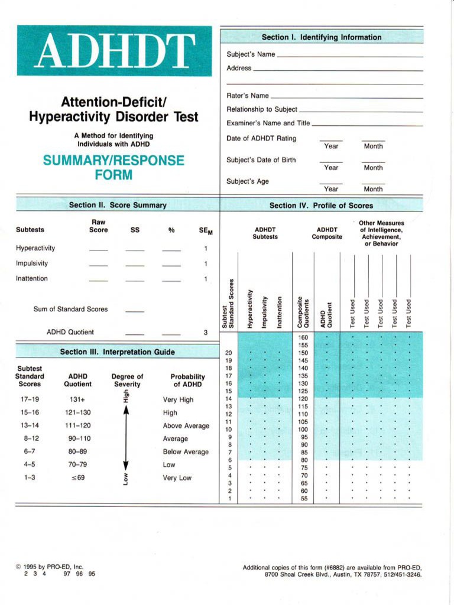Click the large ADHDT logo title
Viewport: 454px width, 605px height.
click(x=114, y=51)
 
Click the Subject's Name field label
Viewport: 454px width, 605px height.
click(x=251, y=54)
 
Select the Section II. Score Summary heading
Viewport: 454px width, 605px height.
click(x=118, y=205)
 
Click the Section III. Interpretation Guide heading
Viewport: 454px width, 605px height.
click(x=118, y=352)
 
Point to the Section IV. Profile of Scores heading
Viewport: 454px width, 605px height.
click(x=321, y=206)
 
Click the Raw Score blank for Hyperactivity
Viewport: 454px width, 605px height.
click(x=98, y=250)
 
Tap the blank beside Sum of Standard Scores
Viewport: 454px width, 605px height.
click(x=135, y=311)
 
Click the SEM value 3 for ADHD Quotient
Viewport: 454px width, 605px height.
click(x=205, y=333)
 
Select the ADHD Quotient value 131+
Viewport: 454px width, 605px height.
click(x=77, y=399)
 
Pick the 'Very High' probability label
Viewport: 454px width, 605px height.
click(x=178, y=399)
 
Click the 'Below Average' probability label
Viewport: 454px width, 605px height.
click(x=186, y=452)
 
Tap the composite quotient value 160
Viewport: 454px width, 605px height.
click(x=303, y=337)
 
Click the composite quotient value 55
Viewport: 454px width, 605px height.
click(x=303, y=499)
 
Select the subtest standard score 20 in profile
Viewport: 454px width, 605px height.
click(x=229, y=353)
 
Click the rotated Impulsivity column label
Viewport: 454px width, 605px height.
click(x=265, y=311)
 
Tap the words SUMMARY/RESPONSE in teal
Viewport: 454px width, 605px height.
click(x=113, y=161)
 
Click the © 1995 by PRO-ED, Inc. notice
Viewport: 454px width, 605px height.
click(x=50, y=567)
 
